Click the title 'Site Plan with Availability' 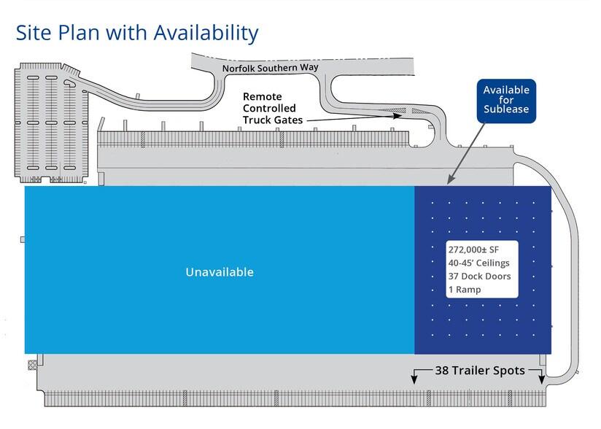[x=136, y=33]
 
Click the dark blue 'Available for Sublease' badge [x=506, y=100]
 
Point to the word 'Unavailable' [x=220, y=272]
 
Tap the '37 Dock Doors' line [x=479, y=276]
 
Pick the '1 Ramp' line [x=465, y=289]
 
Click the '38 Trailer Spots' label [x=479, y=371]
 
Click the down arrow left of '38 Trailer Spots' [x=414, y=377]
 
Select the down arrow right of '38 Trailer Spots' [x=541, y=377]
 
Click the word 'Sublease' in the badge [x=506, y=109]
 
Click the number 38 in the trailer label [x=443, y=371]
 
